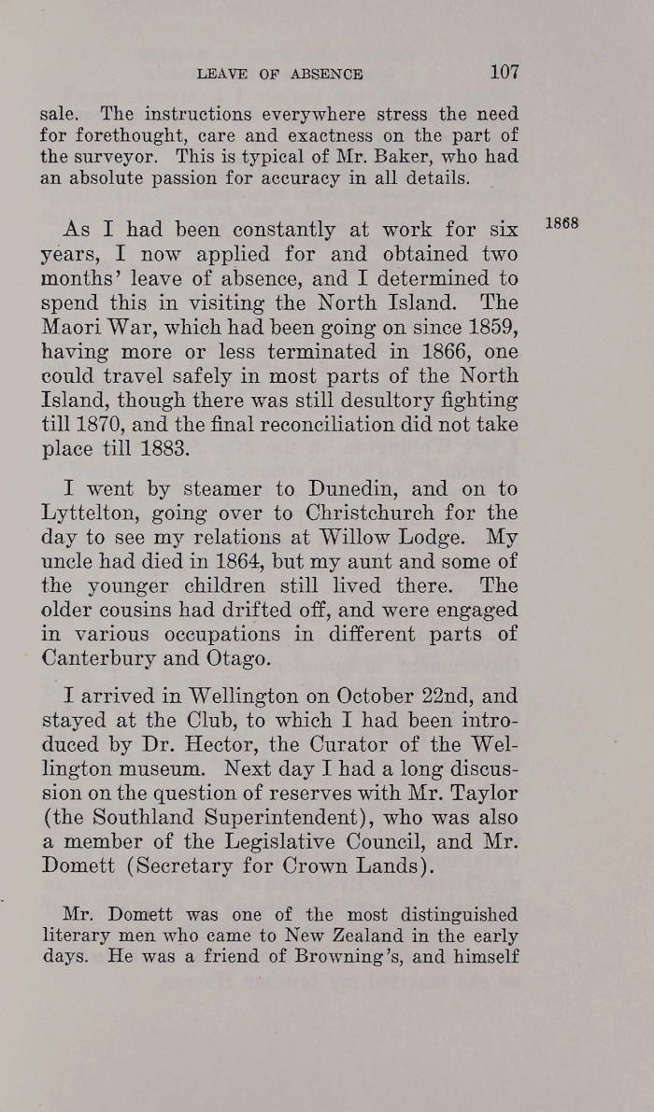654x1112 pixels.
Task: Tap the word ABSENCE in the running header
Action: pos(327,74)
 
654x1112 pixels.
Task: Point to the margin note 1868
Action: pos(562,224)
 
